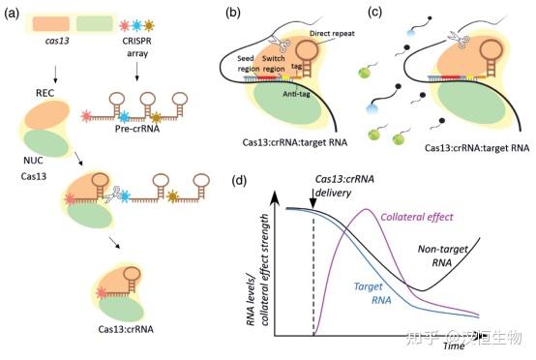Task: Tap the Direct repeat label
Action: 327,33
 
